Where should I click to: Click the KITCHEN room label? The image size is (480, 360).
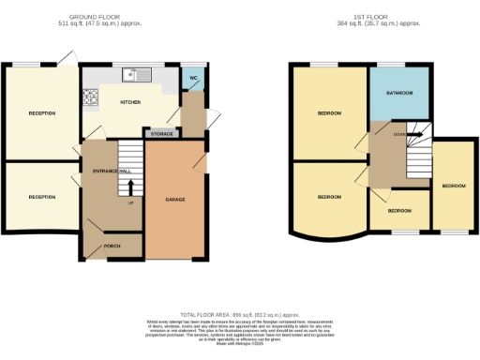tap(129, 104)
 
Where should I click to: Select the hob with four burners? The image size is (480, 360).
tap(92, 95)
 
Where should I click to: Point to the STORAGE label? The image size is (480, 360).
tap(161, 134)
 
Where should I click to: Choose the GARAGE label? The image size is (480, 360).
tap(174, 200)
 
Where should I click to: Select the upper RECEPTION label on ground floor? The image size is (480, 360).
tap(41, 113)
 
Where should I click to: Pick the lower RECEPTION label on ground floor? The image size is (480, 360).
tap(41, 197)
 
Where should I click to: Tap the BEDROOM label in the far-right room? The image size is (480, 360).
tap(454, 186)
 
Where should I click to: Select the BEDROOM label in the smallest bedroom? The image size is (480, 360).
tap(400, 210)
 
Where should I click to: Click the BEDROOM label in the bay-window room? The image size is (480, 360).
tap(328, 197)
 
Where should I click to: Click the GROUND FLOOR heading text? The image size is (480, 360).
tap(100, 16)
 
